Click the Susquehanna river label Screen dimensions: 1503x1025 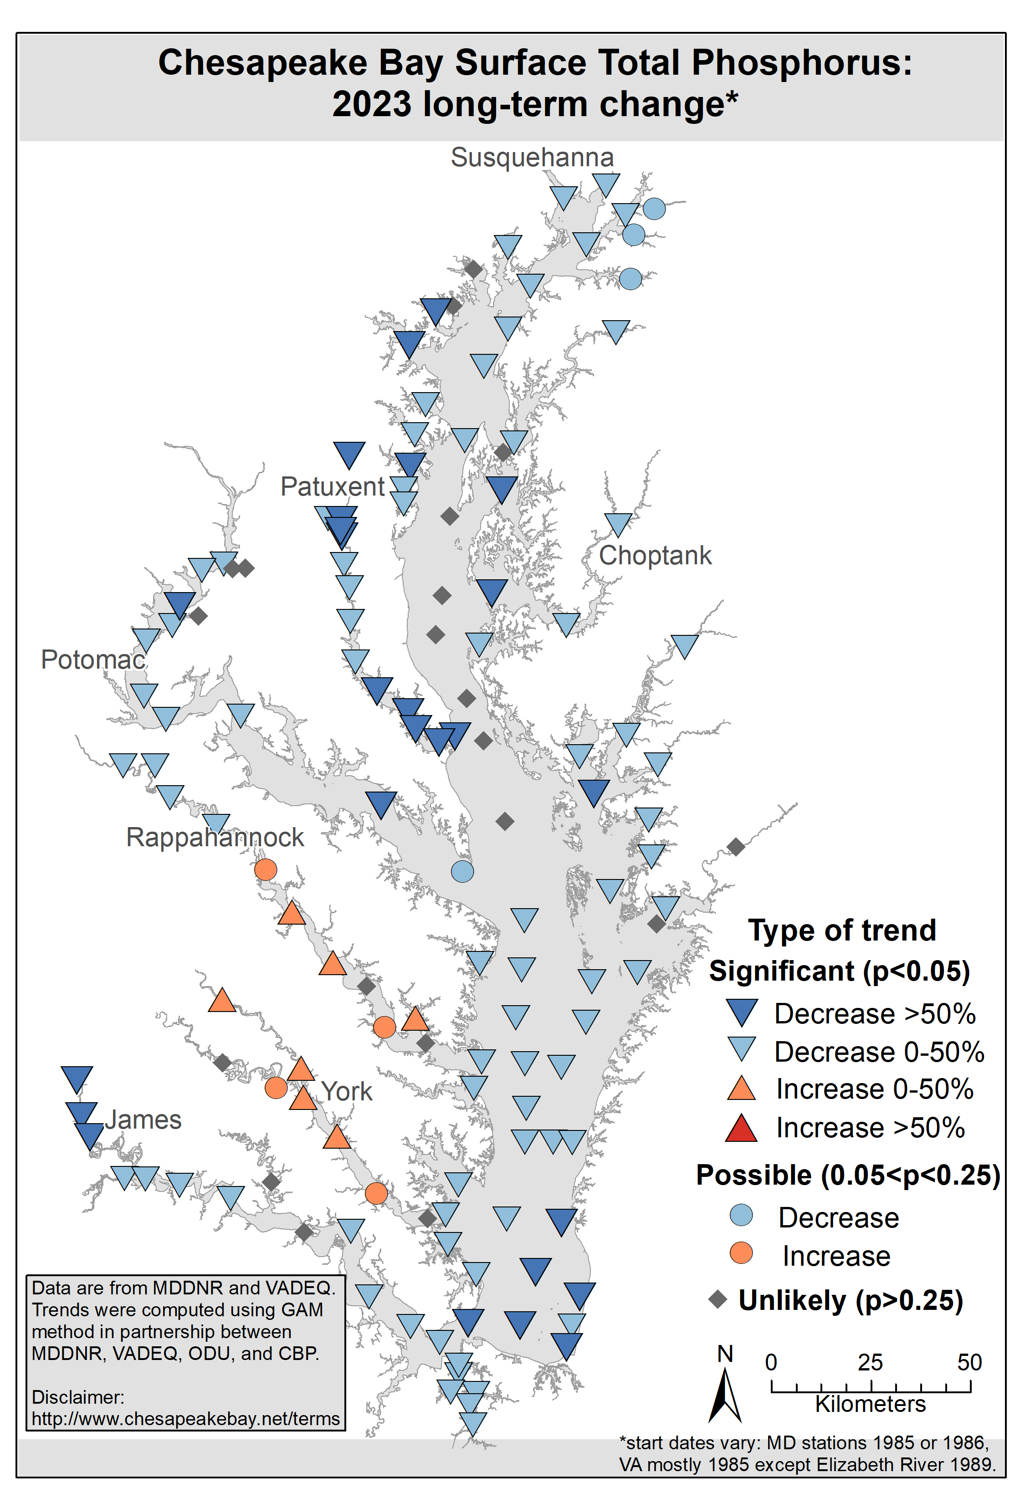(x=532, y=158)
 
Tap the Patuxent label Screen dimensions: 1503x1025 (x=333, y=487)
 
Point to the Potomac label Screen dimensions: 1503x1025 (x=93, y=659)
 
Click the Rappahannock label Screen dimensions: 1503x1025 (x=215, y=838)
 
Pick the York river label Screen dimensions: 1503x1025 (x=347, y=1092)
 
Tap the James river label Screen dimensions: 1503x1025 (x=143, y=1120)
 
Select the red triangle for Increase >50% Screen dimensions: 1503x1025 (x=741, y=1129)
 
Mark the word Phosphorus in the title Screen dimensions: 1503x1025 (x=802, y=63)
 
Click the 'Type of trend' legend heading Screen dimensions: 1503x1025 (x=842, y=930)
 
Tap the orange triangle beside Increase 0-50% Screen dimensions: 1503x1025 (x=741, y=1089)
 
